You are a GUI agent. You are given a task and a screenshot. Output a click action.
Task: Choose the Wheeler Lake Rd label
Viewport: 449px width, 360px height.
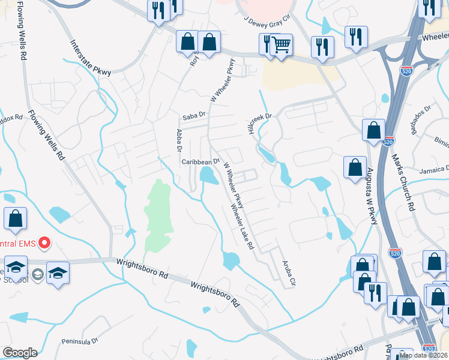[244, 227]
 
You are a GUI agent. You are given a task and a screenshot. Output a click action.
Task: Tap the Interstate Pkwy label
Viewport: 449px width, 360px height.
[91, 58]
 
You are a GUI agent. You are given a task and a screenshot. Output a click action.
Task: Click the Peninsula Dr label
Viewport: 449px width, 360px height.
[79, 341]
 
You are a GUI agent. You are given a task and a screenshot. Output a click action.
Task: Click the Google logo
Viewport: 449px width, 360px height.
[20, 353]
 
